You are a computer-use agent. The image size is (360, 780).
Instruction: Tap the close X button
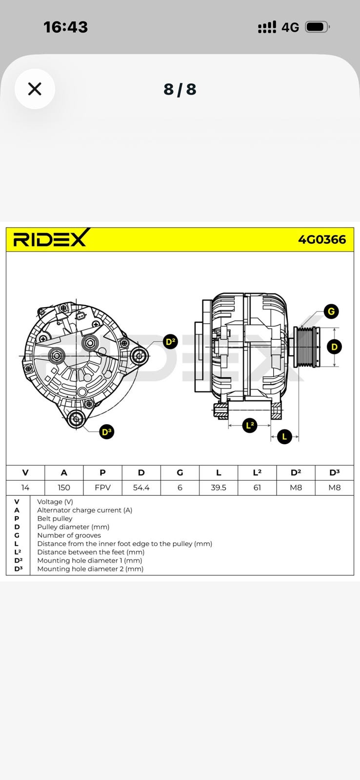[x=35, y=89]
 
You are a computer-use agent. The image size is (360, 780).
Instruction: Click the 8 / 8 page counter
[x=180, y=89]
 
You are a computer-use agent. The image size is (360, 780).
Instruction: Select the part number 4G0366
[x=322, y=239]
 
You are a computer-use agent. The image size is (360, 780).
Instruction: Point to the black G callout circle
[x=331, y=312]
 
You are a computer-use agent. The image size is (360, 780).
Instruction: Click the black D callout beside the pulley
[x=334, y=347]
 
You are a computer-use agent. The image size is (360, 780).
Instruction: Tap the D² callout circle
[x=170, y=342]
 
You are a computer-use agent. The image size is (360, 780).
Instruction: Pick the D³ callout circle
[x=106, y=431]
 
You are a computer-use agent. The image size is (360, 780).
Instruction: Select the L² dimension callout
[x=250, y=425]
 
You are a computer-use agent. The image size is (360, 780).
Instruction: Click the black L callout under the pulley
[x=284, y=436]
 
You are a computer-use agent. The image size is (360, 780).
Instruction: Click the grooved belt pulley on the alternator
[x=305, y=347]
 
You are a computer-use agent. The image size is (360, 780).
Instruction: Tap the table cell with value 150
[x=64, y=487]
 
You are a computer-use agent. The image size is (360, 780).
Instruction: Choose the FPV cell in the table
[x=102, y=487]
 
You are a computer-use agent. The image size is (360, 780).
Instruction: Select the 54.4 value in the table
[x=141, y=487]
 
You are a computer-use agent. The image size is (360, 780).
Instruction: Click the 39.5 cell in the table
[x=219, y=487]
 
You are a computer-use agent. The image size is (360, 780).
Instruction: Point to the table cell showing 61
[x=257, y=487]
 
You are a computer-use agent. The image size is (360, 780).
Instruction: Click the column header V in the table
[x=25, y=472]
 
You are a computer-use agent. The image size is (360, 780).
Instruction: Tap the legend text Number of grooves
[x=69, y=535]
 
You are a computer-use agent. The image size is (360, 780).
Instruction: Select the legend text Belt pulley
[x=55, y=519]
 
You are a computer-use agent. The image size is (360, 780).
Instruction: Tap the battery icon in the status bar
[x=317, y=27]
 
